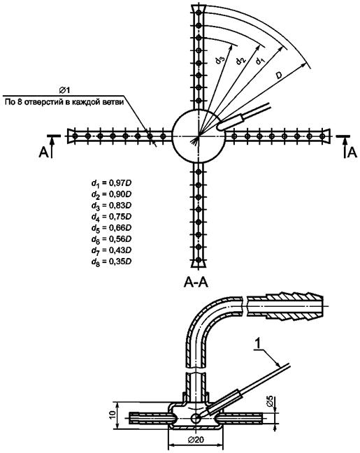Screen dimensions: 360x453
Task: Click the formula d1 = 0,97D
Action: click(x=112, y=183)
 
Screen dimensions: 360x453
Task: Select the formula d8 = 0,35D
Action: click(x=112, y=261)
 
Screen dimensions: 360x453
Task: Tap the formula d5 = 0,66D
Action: click(x=112, y=228)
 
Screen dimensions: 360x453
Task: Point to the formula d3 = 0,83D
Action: click(x=112, y=206)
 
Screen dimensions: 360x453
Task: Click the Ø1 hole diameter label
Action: click(x=64, y=90)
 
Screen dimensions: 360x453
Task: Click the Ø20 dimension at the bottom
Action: click(x=196, y=440)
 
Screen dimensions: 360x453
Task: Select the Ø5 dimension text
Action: click(x=270, y=401)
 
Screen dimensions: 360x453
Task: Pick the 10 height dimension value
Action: click(x=113, y=415)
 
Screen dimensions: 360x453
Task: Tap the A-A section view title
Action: click(x=196, y=282)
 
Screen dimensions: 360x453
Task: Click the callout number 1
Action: click(x=259, y=343)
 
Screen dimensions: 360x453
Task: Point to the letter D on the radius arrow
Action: click(x=278, y=75)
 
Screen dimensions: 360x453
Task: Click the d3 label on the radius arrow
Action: click(x=219, y=60)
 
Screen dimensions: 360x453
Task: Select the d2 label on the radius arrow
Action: click(x=240, y=60)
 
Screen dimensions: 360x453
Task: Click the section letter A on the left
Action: click(x=43, y=152)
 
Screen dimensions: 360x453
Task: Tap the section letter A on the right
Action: click(x=352, y=152)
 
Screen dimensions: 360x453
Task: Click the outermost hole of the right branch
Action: click(x=322, y=136)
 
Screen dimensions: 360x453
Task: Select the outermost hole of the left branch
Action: click(x=75, y=136)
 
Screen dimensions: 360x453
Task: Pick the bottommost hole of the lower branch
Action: click(x=199, y=260)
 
